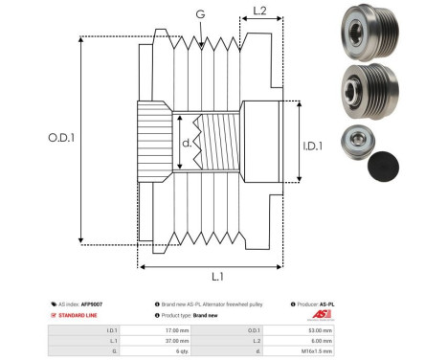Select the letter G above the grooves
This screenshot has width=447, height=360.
pyautogui.click(x=199, y=14)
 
